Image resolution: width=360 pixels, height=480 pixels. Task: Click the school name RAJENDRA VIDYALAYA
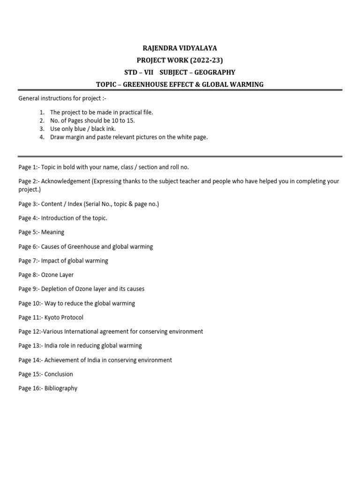click(180, 48)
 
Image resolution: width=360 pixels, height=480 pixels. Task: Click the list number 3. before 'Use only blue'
click(42, 129)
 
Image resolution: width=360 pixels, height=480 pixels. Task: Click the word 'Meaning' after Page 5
click(53, 232)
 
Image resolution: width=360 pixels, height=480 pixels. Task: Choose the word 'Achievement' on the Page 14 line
click(62, 360)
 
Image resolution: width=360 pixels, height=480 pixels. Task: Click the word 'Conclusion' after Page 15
click(59, 374)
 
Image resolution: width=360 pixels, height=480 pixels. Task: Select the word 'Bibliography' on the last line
click(61, 388)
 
